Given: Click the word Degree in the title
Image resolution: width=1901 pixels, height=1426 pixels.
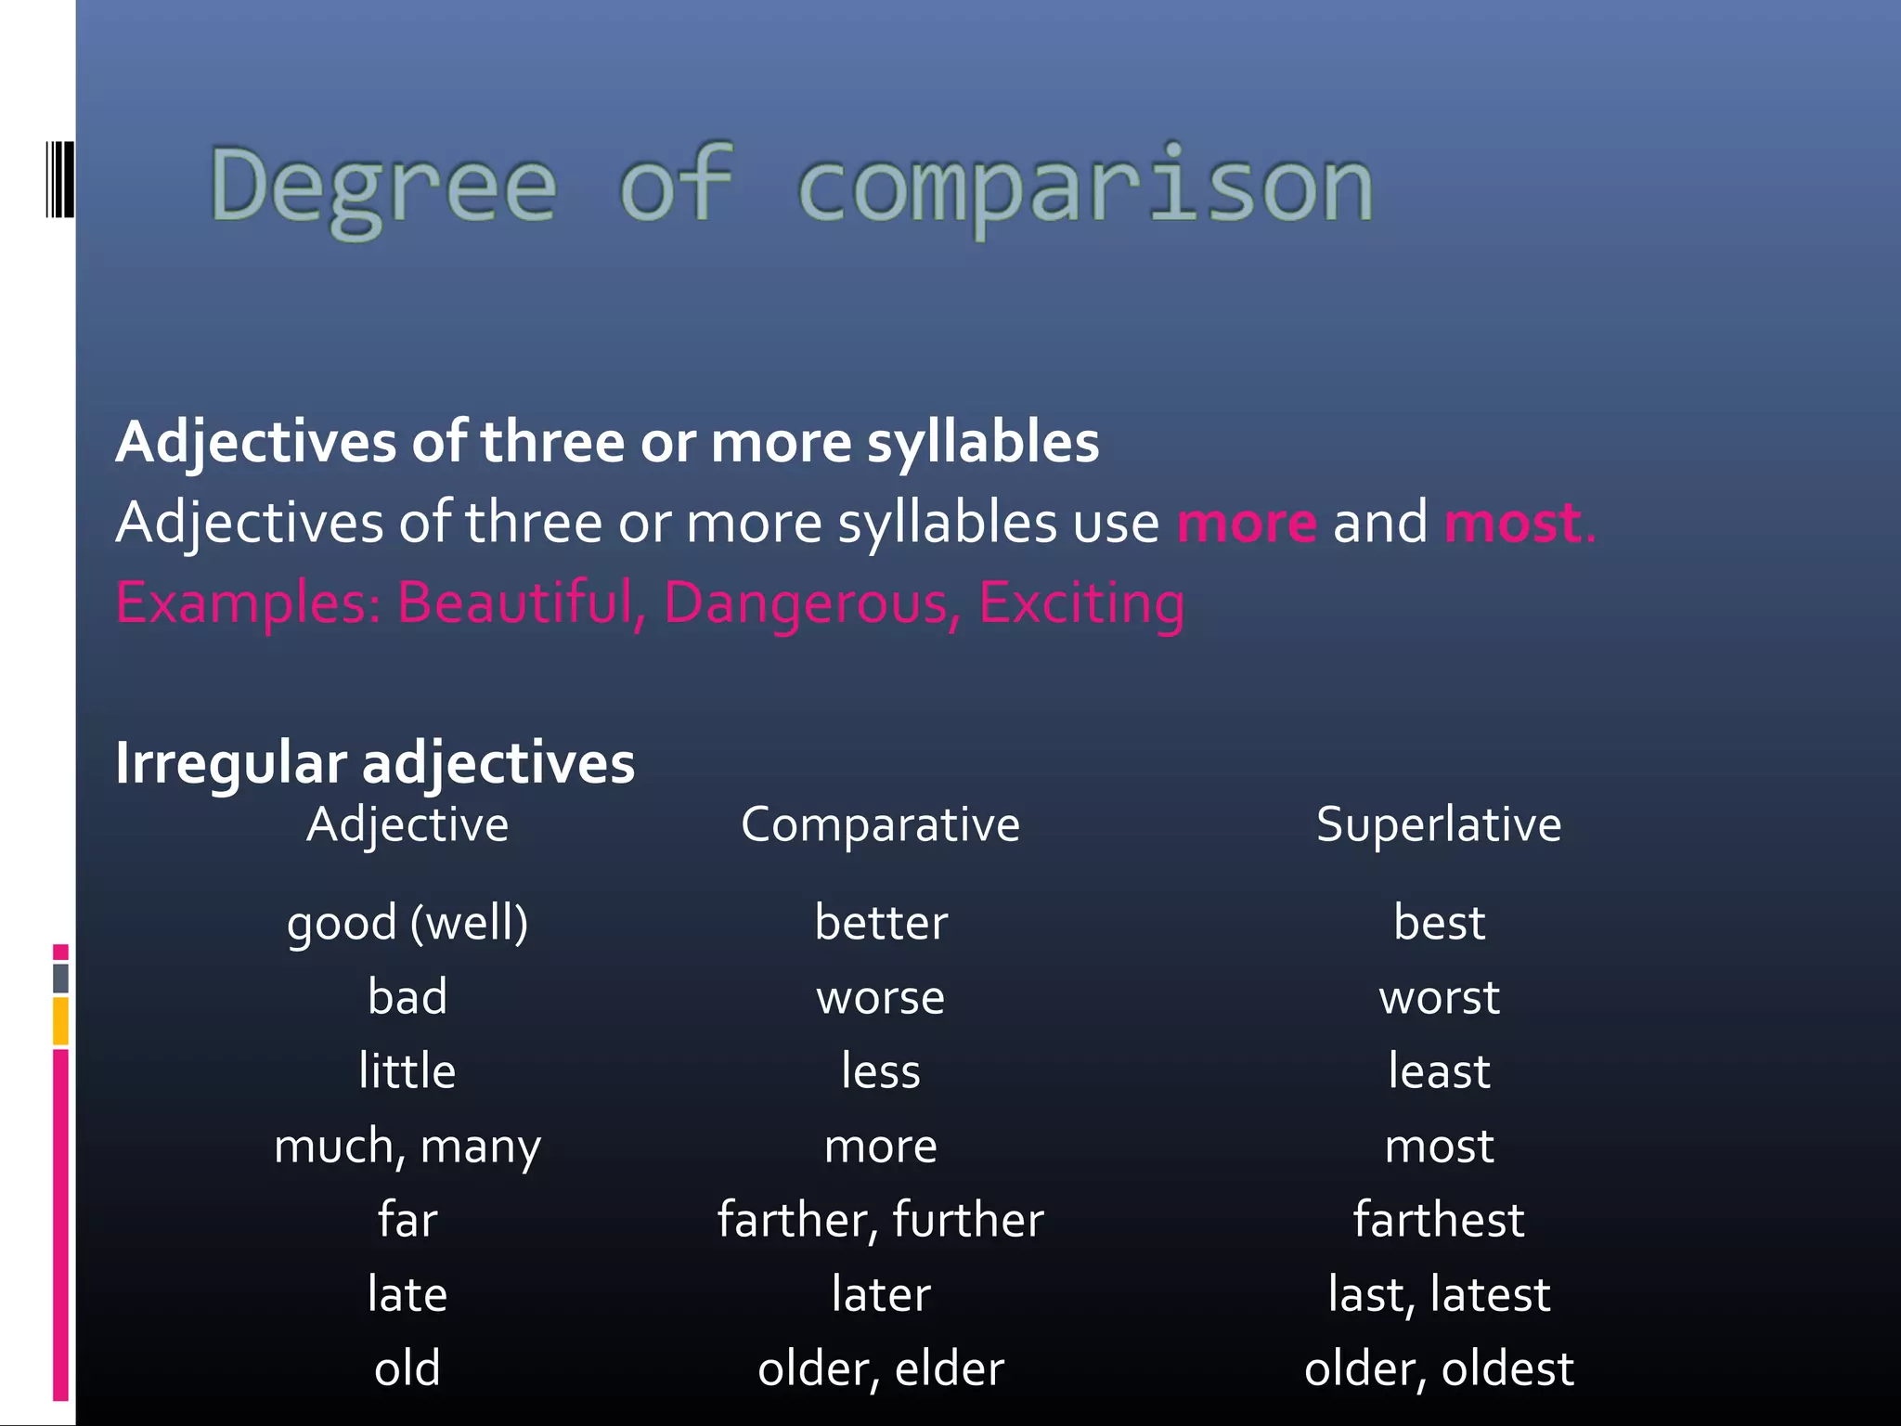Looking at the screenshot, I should [383, 186].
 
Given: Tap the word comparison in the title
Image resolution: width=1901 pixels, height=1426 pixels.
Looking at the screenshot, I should [1084, 186].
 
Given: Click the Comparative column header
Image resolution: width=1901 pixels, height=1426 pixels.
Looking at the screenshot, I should [880, 824].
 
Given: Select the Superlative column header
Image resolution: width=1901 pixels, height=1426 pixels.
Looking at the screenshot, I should [1439, 824].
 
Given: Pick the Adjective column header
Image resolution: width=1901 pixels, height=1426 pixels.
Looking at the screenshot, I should [407, 824].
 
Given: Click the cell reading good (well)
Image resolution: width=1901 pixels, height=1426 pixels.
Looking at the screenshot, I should [407, 923].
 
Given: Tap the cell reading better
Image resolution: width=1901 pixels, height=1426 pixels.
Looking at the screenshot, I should [881, 923].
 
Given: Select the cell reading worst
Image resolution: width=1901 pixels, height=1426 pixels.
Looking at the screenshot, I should [1439, 998].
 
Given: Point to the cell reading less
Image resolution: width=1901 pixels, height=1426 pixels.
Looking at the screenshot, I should [881, 1071].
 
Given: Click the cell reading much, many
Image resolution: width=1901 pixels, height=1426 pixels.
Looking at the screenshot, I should [407, 1147].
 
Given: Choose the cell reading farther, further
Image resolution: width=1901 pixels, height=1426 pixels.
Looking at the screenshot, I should [881, 1220].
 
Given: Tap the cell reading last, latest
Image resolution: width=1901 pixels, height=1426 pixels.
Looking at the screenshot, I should [1439, 1294].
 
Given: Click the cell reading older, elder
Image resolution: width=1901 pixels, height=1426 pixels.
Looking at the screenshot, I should [881, 1368].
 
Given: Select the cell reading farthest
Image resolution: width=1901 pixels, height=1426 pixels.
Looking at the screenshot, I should [1439, 1220].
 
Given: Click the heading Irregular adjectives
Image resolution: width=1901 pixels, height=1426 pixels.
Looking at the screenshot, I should [375, 763].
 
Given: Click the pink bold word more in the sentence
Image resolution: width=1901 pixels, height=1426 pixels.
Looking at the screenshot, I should [1247, 523].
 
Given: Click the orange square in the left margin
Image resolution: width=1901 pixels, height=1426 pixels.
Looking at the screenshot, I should [60, 1020].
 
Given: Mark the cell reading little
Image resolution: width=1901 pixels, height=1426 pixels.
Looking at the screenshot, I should [407, 1071].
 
